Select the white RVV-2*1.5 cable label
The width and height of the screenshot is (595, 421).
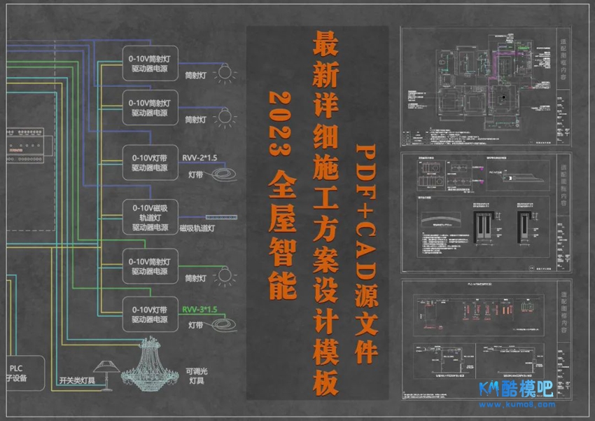(x=200, y=158)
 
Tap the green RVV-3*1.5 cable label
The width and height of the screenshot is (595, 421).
(x=200, y=309)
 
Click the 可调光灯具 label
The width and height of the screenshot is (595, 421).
(x=196, y=376)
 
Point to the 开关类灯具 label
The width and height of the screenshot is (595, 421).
(x=77, y=382)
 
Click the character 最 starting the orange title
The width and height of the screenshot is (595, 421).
(x=326, y=46)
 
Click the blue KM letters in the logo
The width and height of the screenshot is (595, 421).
(x=489, y=389)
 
